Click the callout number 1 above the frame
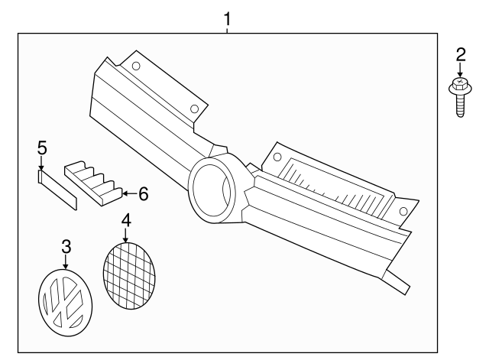227,16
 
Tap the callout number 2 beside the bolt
460,54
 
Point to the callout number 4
126,221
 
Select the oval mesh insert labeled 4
128,274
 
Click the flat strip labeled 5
58,190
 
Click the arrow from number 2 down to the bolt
459,70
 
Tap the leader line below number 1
227,28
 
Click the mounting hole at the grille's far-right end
403,212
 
